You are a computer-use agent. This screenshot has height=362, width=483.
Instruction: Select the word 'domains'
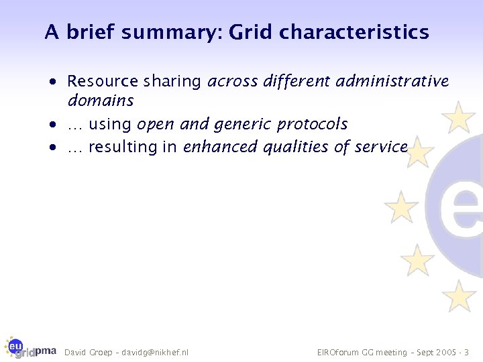(x=101, y=101)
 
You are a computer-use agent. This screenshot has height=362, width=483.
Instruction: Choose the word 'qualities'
(x=294, y=146)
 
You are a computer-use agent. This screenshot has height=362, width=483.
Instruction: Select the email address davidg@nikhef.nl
(x=155, y=353)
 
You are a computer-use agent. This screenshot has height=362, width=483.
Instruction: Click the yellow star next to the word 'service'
(x=419, y=153)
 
